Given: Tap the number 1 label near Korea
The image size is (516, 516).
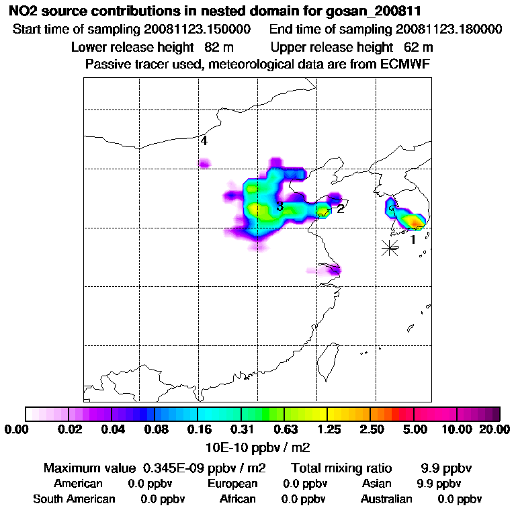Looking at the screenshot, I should (413, 239).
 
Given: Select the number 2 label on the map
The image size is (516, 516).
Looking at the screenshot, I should (341, 208).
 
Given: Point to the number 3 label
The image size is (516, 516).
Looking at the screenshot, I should (279, 206).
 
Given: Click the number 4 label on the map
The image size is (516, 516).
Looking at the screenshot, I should (204, 141).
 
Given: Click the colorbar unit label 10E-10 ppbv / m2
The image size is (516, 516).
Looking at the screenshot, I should (257, 447).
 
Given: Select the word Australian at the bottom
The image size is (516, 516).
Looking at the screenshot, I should (386, 499).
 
